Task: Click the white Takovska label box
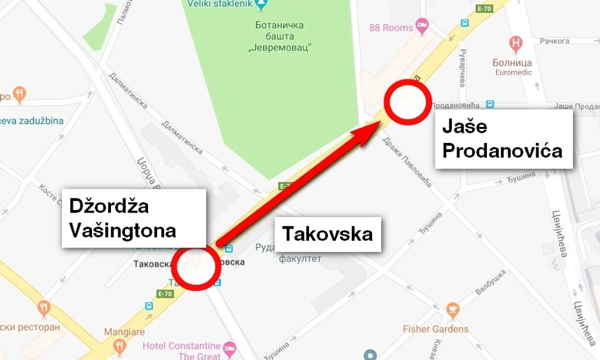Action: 327,234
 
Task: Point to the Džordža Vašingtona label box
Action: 133,218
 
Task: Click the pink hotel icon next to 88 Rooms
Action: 422,26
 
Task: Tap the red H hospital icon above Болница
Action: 516,44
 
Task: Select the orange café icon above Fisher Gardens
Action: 453,311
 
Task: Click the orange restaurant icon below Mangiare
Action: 119,346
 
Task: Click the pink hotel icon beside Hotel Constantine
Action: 230,348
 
